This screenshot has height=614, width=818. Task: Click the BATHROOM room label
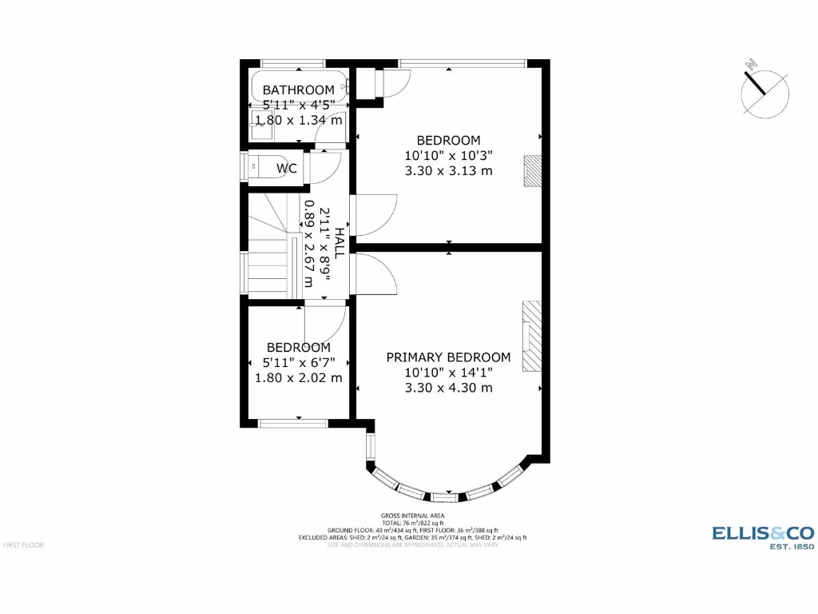click(298, 90)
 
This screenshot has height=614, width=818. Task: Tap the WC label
click(287, 168)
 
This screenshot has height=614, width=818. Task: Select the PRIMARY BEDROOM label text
click(448, 357)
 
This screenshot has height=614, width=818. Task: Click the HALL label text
click(340, 243)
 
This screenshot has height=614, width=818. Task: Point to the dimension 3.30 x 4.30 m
click(448, 388)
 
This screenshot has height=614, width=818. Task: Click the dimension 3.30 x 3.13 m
click(448, 170)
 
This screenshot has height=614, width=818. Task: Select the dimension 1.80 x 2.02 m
click(298, 377)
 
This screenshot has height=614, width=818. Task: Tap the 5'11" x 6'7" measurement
click(298, 362)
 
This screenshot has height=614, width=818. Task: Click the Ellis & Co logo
click(762, 536)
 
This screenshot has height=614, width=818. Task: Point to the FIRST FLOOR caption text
click(23, 544)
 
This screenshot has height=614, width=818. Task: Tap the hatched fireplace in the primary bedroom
click(531, 337)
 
